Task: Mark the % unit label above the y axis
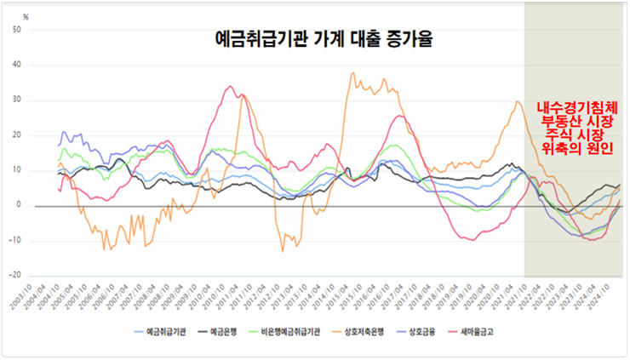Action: click(26, 16)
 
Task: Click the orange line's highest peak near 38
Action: click(353, 73)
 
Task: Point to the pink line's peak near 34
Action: click(230, 86)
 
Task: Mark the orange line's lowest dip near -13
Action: click(283, 251)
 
